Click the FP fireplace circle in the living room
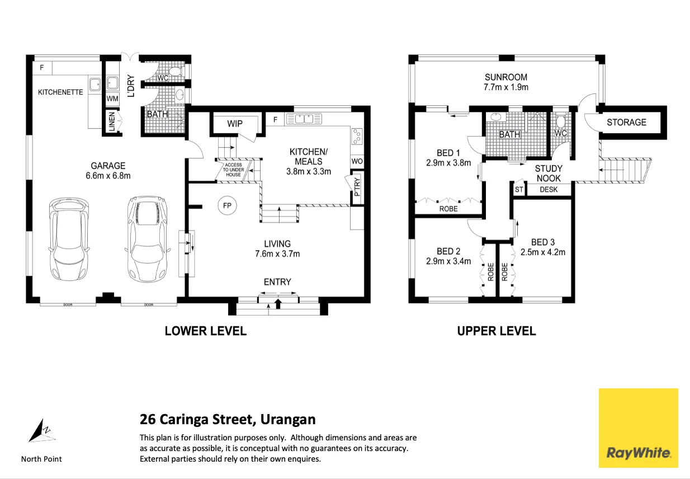pyautogui.click(x=227, y=205)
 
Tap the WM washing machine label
pyautogui.click(x=112, y=98)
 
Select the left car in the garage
pyautogui.click(x=69, y=239)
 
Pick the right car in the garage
pyautogui.click(x=148, y=239)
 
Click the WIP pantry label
pyautogui.click(x=235, y=124)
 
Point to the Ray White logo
pyautogui.click(x=638, y=428)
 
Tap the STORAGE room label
pyautogui.click(x=626, y=123)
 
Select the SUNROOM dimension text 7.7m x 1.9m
pyautogui.click(x=506, y=87)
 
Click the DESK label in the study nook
pyautogui.click(x=549, y=190)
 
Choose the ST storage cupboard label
pyautogui.click(x=519, y=190)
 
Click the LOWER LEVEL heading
pyautogui.click(x=205, y=331)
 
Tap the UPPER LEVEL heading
pyautogui.click(x=496, y=331)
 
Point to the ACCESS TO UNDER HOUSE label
pyautogui.click(x=233, y=170)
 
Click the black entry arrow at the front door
pyautogui.click(x=278, y=304)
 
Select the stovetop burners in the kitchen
pyautogui.click(x=357, y=137)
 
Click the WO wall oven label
pyautogui.click(x=357, y=161)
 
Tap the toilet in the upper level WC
pyautogui.click(x=561, y=121)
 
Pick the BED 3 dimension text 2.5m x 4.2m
pyautogui.click(x=543, y=252)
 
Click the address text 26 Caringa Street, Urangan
pyautogui.click(x=228, y=420)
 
